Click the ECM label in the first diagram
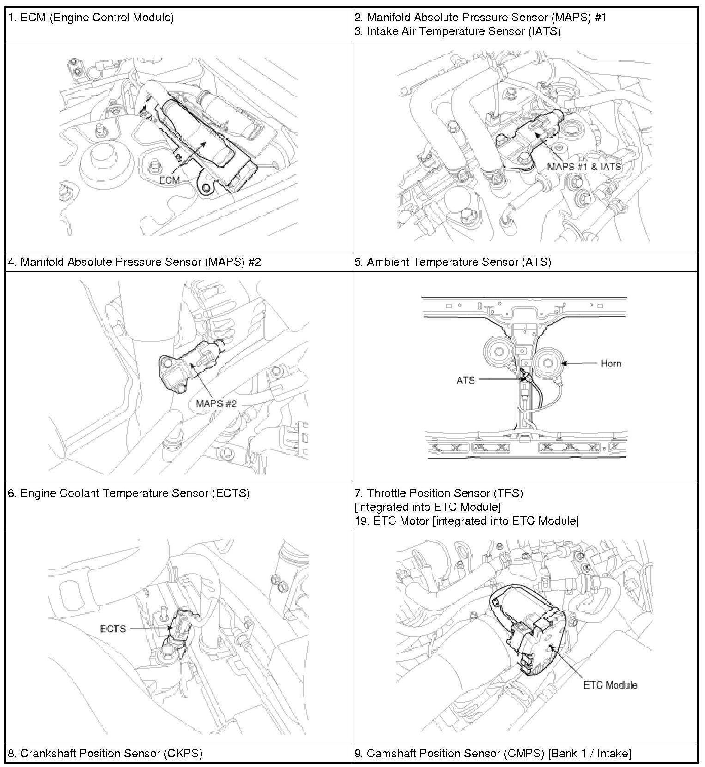[169, 180]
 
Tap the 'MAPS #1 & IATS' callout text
[584, 167]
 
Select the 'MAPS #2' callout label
[216, 404]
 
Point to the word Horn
[611, 364]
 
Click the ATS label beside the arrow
[465, 380]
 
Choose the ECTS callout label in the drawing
[113, 629]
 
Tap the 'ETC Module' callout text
[610, 685]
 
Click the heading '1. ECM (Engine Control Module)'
[91, 18]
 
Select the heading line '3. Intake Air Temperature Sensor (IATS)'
[457, 31]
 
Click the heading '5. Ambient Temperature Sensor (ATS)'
[453, 262]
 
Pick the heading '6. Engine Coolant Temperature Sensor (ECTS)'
[129, 493]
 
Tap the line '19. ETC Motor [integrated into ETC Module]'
[467, 521]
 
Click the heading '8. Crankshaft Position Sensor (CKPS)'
[105, 754]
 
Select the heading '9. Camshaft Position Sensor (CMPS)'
[492, 754]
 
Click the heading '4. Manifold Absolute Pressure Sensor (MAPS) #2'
[135, 262]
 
